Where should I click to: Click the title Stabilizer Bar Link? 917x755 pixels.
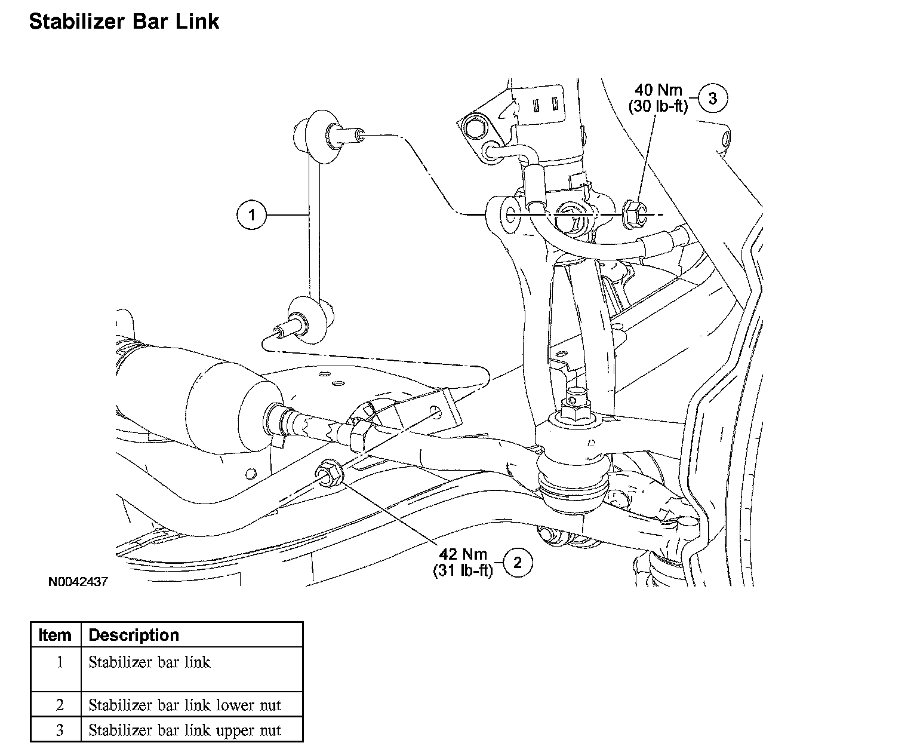pos(124,22)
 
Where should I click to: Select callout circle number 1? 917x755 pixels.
pos(251,214)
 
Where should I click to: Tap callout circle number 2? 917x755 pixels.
pos(518,562)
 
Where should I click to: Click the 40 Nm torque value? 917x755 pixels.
pos(658,90)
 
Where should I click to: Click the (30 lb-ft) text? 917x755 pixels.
pos(658,106)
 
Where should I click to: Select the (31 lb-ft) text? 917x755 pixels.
pos(463,571)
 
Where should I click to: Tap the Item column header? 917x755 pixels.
pos(55,635)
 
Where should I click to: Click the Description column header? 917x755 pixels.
pos(134,635)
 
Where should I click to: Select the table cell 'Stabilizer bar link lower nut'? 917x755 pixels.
pos(184,705)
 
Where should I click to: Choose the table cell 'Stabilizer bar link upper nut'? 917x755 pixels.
pos(184,731)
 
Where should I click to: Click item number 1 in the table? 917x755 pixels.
pos(59,662)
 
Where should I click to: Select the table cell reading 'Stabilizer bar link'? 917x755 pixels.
pos(149,662)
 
